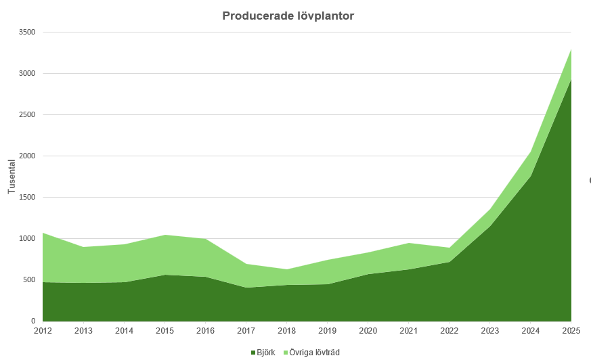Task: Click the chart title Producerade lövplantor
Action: (288, 16)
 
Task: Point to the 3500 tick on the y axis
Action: (26, 32)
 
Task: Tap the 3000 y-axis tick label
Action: (26, 74)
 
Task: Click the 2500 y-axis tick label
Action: (26, 115)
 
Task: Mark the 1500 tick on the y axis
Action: (26, 198)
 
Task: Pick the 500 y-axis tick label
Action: (28, 280)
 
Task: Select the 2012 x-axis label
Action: (42, 330)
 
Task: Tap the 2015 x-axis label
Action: (165, 330)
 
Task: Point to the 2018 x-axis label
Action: (286, 330)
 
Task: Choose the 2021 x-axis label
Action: (408, 330)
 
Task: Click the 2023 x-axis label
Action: (489, 330)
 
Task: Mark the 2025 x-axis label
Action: (571, 330)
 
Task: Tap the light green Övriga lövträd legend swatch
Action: (285, 353)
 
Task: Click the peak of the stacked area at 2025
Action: (571, 49)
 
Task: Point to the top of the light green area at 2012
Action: (43, 233)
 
